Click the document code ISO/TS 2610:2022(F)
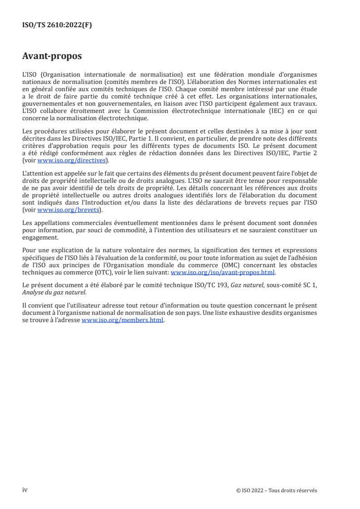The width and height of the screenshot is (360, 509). point(57,25)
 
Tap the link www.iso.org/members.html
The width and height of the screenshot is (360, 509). point(123,320)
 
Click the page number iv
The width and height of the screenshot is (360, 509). point(25,490)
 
